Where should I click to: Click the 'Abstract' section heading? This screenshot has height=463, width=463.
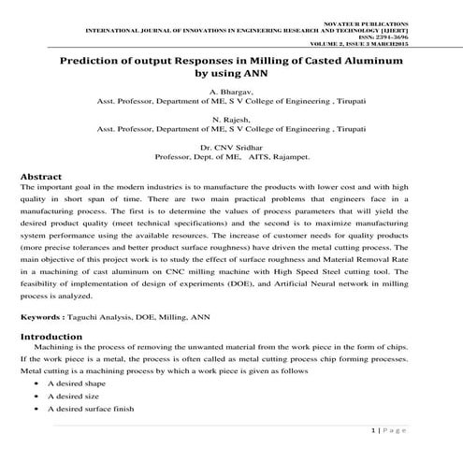point(41,176)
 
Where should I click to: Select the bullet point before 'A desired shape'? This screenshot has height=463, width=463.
point(35,383)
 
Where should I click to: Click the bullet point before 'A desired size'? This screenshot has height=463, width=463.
point(35,396)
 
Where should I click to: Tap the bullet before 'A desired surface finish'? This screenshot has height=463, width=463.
point(35,409)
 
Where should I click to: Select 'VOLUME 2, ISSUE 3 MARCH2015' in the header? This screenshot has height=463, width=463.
point(394,44)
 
